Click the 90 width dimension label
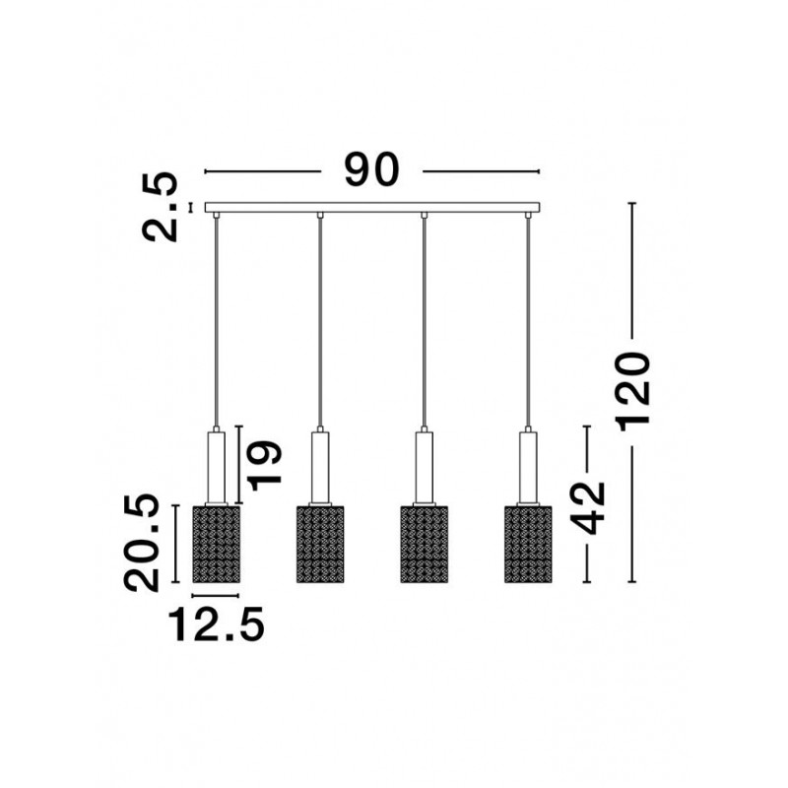(x=371, y=169)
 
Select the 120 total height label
(x=634, y=392)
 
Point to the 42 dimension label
(x=588, y=507)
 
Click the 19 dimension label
(x=264, y=465)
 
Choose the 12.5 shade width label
(x=216, y=624)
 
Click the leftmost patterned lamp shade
(x=216, y=545)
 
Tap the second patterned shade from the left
(x=320, y=545)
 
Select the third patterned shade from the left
(x=425, y=545)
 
